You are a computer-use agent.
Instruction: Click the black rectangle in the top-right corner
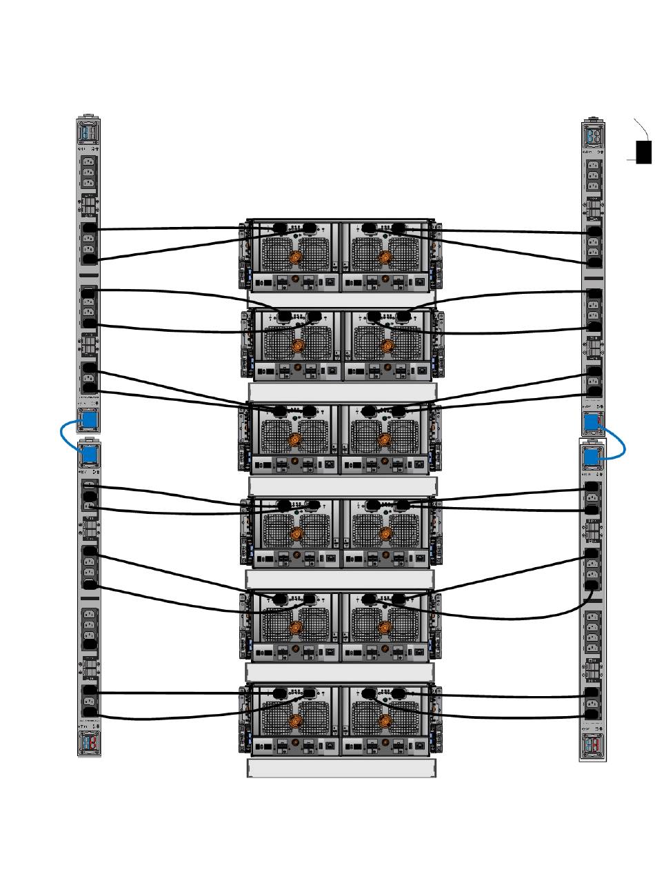coord(643,152)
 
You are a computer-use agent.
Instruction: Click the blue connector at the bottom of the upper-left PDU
coord(88,419)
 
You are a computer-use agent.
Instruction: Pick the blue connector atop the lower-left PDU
coord(88,454)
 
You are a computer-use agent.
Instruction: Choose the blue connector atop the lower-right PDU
coord(591,457)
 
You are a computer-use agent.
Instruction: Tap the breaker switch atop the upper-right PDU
coord(593,135)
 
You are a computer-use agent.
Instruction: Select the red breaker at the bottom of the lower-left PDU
coord(88,742)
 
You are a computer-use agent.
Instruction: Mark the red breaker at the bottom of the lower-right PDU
coord(593,746)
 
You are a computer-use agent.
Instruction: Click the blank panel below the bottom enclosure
coord(341,769)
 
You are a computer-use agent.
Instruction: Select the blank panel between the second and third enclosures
coord(342,391)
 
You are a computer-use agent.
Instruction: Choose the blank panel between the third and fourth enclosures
coord(342,486)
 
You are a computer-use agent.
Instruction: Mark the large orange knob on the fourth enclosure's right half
coord(385,535)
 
